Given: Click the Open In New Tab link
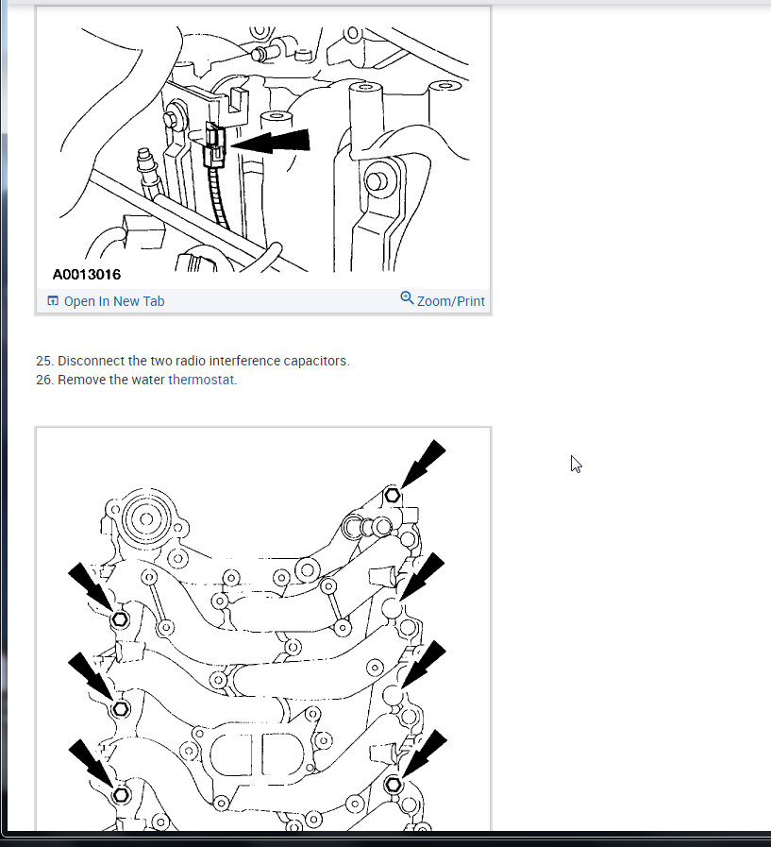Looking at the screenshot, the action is (114, 301).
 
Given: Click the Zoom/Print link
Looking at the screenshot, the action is (451, 301).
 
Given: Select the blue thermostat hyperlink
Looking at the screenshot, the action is (201, 380).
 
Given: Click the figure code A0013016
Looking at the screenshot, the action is (87, 275).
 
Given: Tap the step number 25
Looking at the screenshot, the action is (44, 361).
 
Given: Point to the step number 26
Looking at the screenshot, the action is (44, 380).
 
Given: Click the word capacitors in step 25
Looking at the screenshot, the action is (316, 361).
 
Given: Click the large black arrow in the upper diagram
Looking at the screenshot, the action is (270, 142).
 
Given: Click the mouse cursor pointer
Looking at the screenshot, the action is (576, 464).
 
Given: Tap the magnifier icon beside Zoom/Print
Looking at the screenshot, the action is (407, 297).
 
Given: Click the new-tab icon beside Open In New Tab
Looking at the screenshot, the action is (53, 300).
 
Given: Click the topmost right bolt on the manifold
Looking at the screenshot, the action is (393, 495).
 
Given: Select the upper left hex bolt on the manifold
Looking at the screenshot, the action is (120, 619).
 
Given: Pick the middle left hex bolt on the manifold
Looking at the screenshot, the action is (121, 709).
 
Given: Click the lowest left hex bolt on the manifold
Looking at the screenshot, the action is (121, 795).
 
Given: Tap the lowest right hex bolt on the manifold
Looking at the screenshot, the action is (394, 785).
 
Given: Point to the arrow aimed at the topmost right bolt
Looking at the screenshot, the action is (423, 464).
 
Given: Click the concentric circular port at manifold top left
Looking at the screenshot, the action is (146, 518).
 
